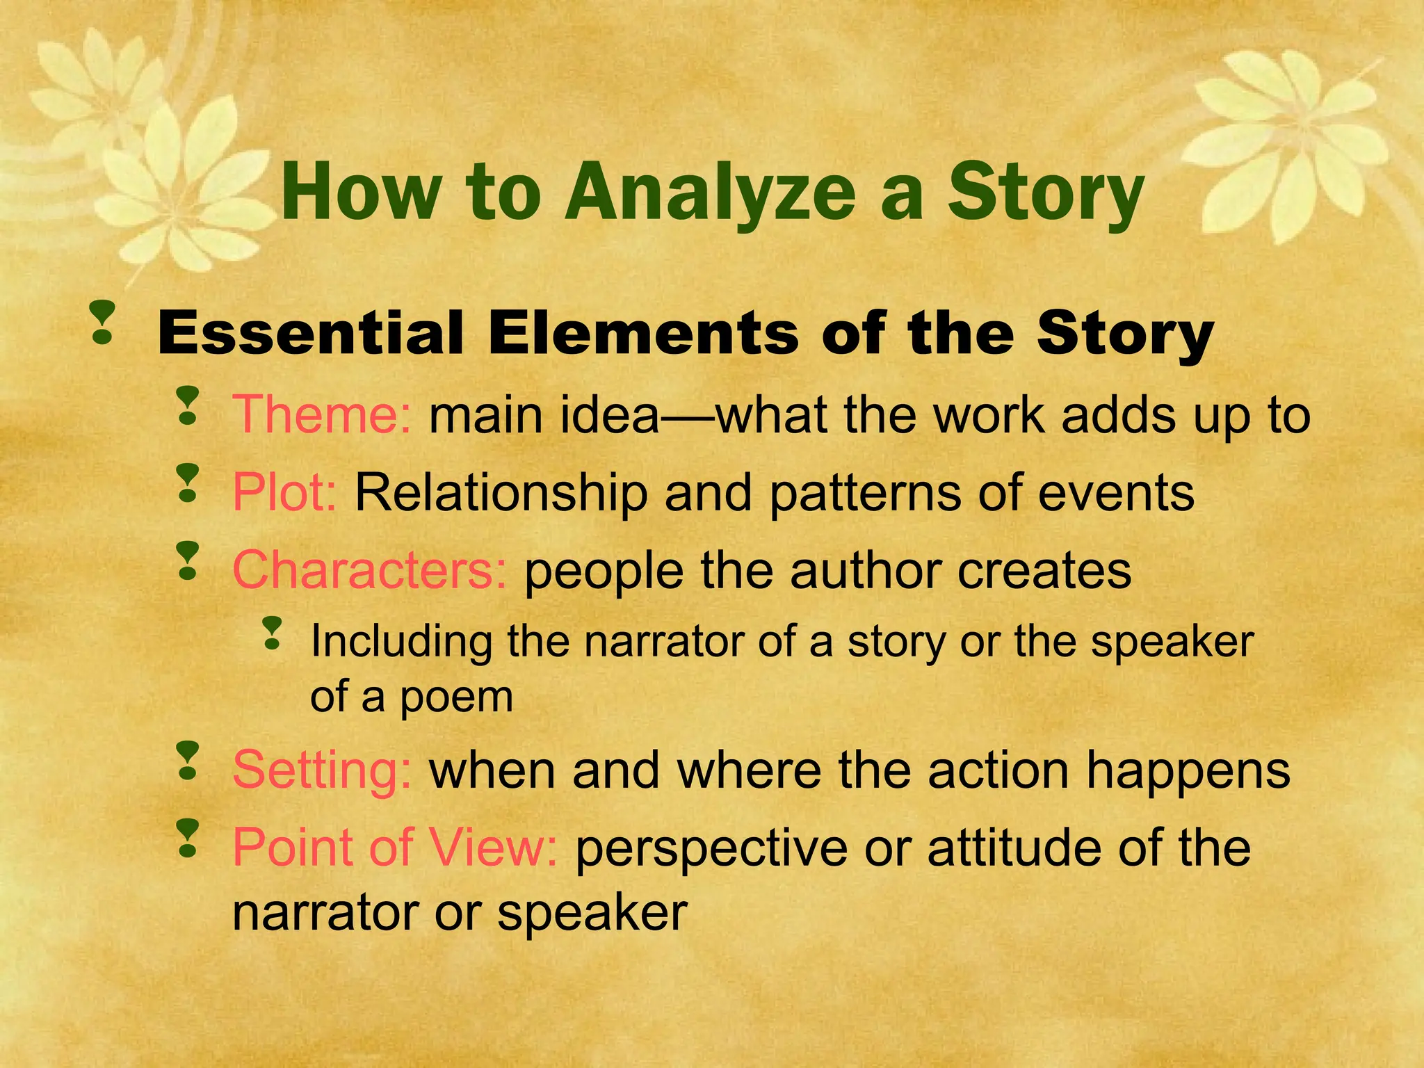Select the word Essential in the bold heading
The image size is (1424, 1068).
[x=310, y=334]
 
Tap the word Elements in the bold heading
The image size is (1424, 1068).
[x=642, y=334]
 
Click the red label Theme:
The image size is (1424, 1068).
[x=322, y=415]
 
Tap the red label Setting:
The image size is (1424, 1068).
[x=322, y=770]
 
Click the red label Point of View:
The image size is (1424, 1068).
[x=394, y=848]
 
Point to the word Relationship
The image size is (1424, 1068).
[x=501, y=493]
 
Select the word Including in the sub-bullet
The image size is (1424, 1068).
[x=400, y=641]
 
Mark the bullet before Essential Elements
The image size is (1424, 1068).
[x=102, y=322]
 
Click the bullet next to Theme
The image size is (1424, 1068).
[x=187, y=406]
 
